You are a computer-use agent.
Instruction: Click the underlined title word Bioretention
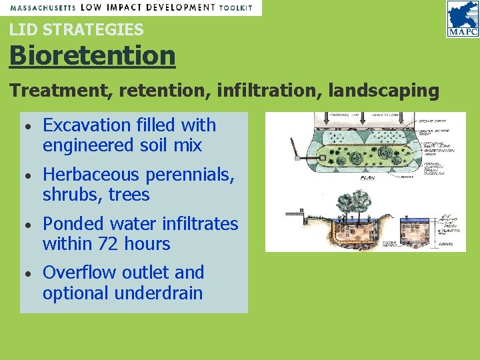92,55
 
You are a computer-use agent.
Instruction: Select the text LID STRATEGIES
76,29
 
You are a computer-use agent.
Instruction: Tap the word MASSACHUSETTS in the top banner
41,7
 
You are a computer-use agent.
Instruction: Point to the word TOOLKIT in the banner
237,7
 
